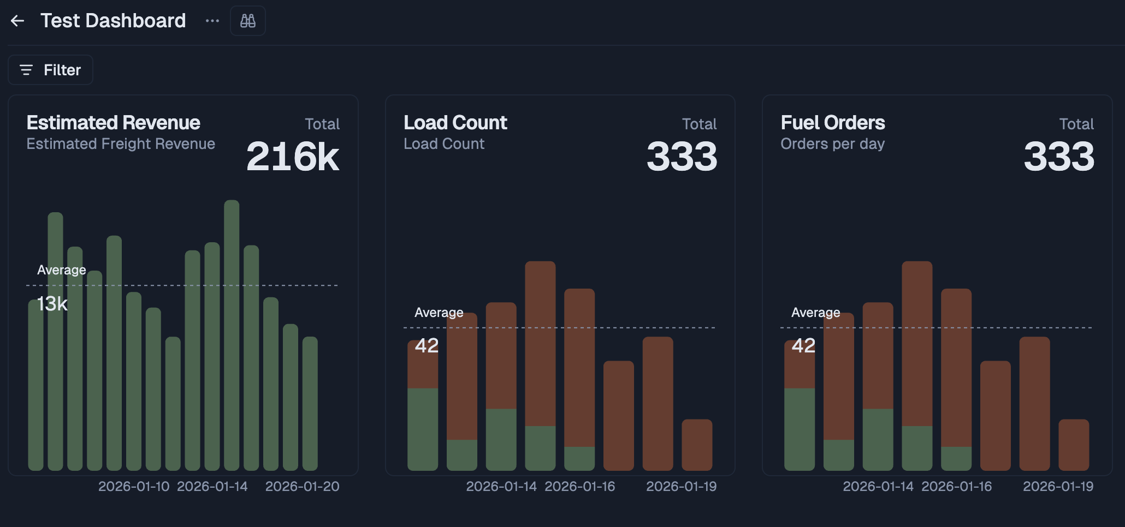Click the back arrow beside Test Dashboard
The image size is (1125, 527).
pos(17,21)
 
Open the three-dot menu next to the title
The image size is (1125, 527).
pos(212,21)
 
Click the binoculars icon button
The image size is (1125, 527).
pos(248,21)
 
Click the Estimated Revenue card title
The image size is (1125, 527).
pos(113,123)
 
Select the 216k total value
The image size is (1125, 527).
pos(293,157)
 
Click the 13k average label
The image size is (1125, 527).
pos(52,304)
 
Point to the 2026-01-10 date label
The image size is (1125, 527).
pos(134,487)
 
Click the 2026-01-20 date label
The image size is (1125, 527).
pos(302,487)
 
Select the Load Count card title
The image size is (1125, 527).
pos(455,123)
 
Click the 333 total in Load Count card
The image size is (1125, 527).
pos(682,157)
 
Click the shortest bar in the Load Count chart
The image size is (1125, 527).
pos(697,445)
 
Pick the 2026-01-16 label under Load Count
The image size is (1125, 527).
pos(579,487)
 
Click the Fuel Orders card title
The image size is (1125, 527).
pos(832,123)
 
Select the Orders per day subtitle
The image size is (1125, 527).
pos(832,144)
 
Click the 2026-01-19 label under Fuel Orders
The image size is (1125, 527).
pos(1058,487)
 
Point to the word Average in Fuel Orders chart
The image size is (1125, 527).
pos(815,313)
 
